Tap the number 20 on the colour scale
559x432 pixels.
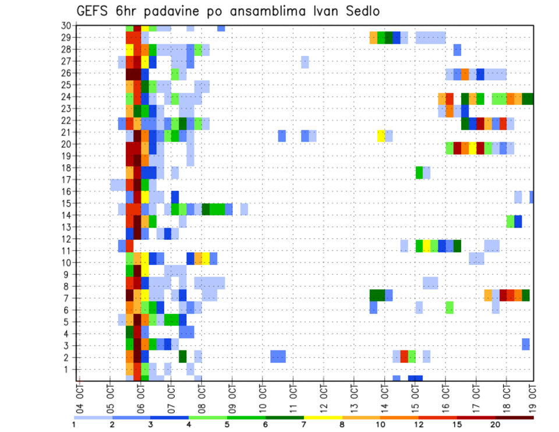tap(496, 424)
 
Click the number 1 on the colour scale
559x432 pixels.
tap(74, 424)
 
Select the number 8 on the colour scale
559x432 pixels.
tap(342, 424)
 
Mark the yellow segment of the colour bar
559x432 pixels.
tap(323, 417)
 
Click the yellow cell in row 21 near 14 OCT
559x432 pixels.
tap(381, 136)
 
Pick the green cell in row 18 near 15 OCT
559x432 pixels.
tap(419, 172)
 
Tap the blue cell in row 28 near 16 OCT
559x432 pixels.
tap(457, 50)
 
